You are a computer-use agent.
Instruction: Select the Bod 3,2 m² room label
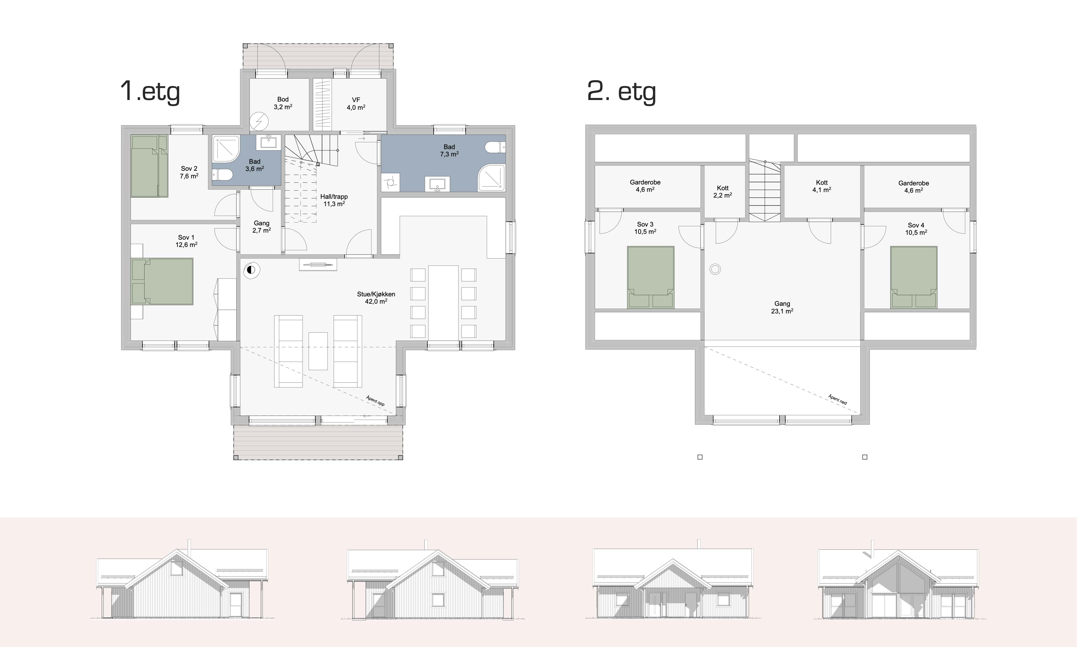(x=283, y=103)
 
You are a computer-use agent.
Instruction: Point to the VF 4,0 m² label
(x=356, y=104)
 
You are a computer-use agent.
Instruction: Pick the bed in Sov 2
(x=149, y=166)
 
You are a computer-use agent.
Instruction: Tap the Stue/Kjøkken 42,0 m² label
(x=376, y=298)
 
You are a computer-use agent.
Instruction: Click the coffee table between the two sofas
(x=318, y=351)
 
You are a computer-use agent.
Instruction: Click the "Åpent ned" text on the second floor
(x=837, y=399)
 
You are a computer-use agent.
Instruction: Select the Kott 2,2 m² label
(x=722, y=192)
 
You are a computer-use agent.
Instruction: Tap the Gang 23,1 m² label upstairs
(x=782, y=307)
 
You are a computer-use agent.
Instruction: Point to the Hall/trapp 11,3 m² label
(x=334, y=200)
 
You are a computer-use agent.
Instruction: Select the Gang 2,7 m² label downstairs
(x=262, y=227)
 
